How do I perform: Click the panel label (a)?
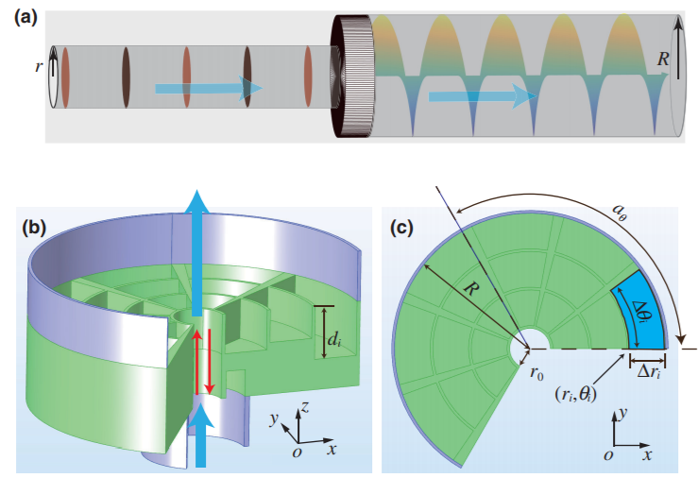pyautogui.click(x=26, y=18)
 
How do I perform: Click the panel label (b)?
pyautogui.click(x=34, y=228)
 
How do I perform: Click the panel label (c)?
pyautogui.click(x=401, y=228)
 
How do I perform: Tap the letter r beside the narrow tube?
pyautogui.click(x=39, y=67)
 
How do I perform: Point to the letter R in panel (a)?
pyautogui.click(x=663, y=60)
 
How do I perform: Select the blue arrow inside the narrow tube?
pyautogui.click(x=209, y=88)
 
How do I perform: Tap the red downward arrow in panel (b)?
pyautogui.click(x=210, y=362)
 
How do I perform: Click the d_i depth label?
pyautogui.click(x=334, y=340)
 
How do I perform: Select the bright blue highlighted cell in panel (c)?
pyautogui.click(x=638, y=312)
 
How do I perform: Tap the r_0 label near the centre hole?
pyautogui.click(x=536, y=374)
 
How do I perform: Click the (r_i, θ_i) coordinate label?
pyautogui.click(x=575, y=394)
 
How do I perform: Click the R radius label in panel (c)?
pyautogui.click(x=470, y=289)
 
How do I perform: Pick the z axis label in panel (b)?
pyautogui.click(x=305, y=407)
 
